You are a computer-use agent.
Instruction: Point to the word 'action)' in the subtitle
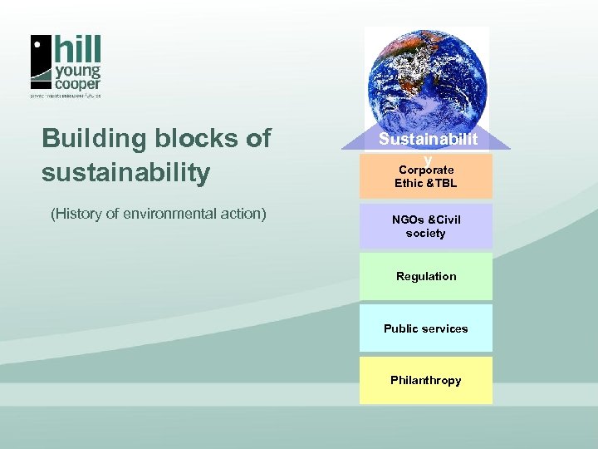[242, 214]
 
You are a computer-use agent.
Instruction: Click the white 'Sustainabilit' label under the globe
[428, 140]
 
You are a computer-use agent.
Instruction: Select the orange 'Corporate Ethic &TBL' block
[426, 177]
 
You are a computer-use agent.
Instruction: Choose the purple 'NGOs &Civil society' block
[426, 226]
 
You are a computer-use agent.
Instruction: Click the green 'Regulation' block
[426, 276]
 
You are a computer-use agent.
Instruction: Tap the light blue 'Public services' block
[426, 328]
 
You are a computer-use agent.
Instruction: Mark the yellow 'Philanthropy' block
[426, 380]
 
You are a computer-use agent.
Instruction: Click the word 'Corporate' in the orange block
[426, 170]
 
